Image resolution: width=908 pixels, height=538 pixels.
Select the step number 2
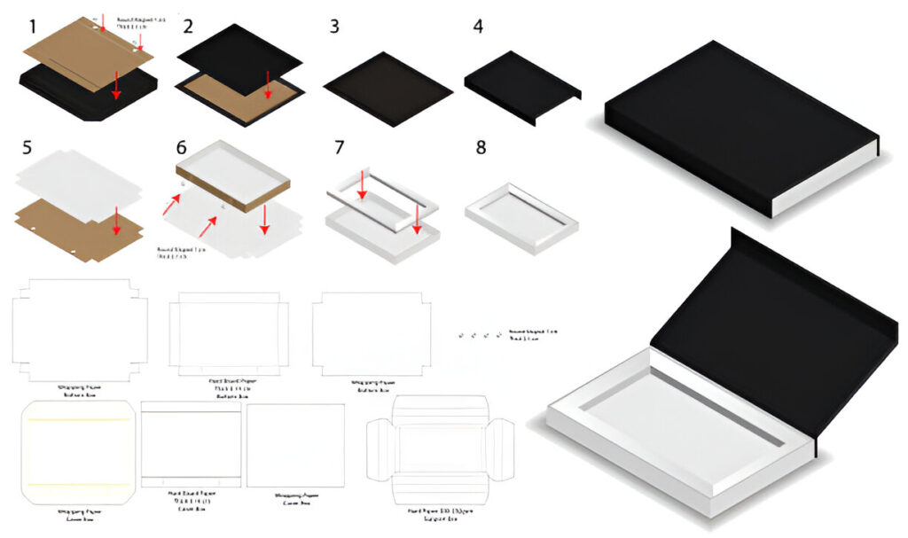coord(187,26)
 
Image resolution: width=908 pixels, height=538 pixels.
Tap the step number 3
coord(333,26)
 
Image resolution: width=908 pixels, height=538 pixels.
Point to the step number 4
coord(478,26)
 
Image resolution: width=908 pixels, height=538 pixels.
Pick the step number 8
coord(481,146)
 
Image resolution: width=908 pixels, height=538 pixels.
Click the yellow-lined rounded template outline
coord(77,452)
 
